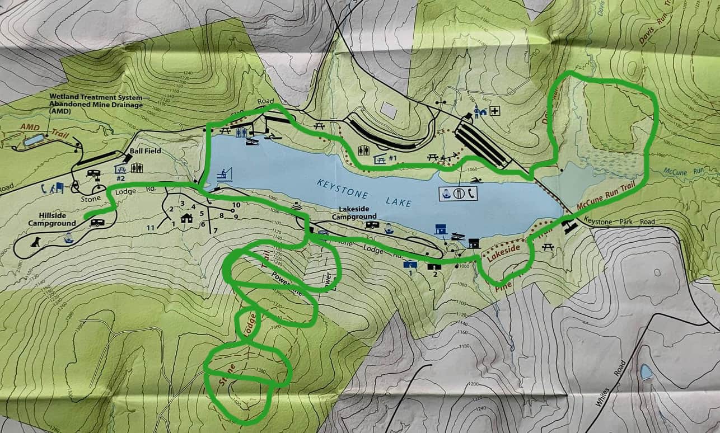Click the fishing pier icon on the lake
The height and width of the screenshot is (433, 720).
[225, 173]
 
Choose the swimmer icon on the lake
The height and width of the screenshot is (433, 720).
[475, 180]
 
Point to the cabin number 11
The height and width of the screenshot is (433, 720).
[149, 228]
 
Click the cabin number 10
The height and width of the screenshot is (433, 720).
[236, 205]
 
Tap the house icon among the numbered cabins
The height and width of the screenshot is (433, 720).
[186, 218]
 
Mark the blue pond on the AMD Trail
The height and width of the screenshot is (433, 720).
[34, 139]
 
